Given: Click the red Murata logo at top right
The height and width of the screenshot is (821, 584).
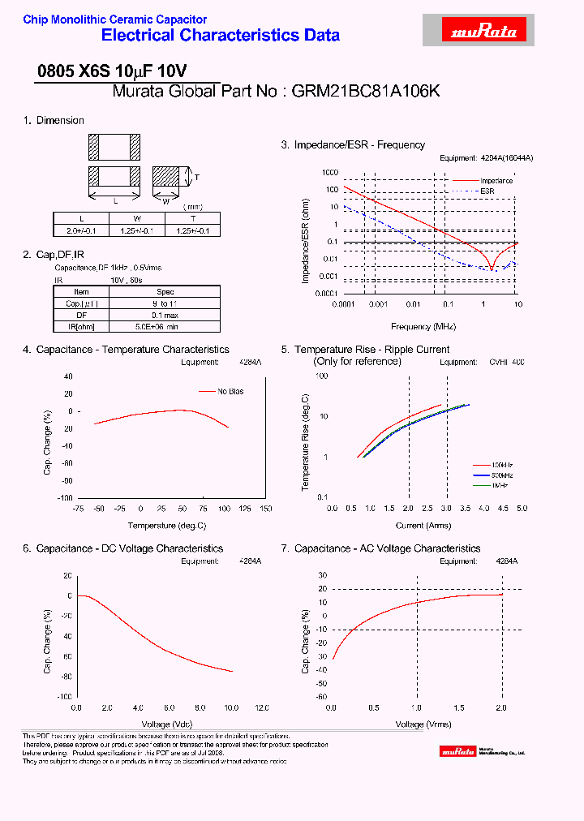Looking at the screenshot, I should point(474,32).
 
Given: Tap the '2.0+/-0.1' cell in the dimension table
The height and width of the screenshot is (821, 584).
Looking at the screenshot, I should point(80,230).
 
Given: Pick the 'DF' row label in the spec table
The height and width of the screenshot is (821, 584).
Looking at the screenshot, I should point(81,315).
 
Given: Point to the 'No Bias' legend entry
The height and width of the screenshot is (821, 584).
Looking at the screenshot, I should point(230,392).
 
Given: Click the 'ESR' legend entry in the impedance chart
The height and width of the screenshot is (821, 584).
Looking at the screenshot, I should point(487,191).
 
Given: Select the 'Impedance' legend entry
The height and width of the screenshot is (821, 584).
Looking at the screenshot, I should point(496,181).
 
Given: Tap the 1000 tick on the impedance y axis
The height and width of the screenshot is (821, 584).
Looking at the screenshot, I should point(328,173).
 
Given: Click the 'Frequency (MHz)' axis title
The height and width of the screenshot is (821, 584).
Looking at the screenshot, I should point(423,326).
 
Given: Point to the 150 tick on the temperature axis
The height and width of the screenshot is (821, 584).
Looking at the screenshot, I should point(265,509).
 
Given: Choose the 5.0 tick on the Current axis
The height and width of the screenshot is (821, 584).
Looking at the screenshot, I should point(521,509).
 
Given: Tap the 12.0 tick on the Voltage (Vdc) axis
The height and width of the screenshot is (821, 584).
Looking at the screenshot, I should point(263,707).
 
